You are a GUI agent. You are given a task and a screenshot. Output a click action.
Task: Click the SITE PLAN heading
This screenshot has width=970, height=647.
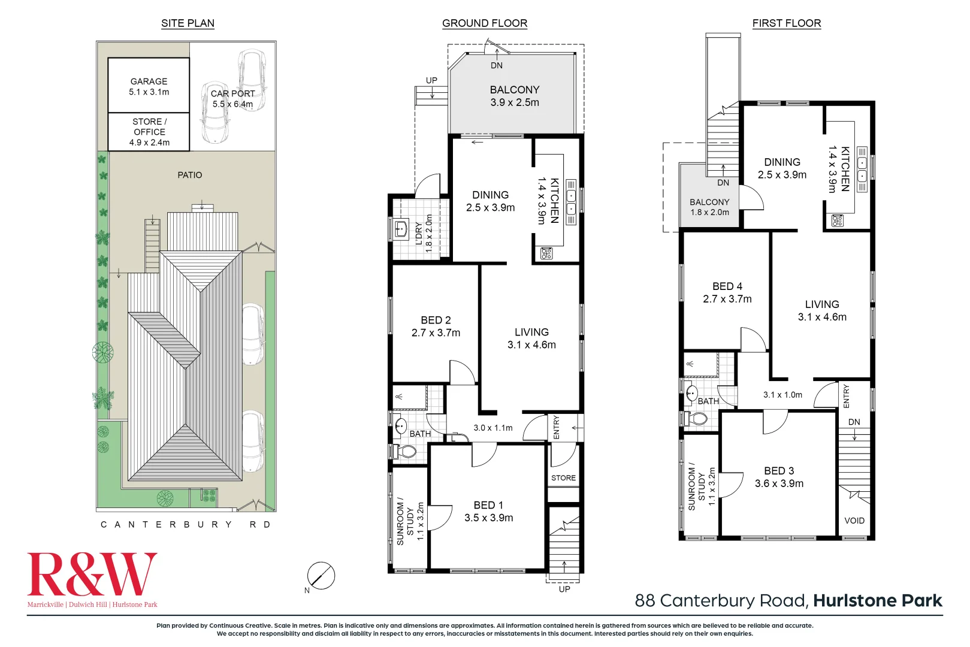pos(188,23)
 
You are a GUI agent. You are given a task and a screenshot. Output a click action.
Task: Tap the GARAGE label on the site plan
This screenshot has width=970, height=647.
pos(149,81)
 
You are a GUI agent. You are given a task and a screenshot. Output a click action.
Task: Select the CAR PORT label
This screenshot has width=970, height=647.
pos(232,93)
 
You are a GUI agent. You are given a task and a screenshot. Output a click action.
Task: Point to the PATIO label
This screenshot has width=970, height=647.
pos(190,175)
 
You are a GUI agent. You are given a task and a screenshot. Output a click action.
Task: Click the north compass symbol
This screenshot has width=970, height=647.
pos(321,576)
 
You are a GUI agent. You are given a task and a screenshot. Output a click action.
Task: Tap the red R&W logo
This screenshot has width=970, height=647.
pos(92,575)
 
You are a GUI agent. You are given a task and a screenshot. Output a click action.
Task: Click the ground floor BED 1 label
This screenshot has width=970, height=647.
pos(488,506)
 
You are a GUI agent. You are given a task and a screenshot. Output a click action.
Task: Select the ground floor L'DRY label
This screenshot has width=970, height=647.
pos(419,234)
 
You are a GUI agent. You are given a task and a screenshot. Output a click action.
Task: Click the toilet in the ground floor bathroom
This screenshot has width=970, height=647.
pos(405,452)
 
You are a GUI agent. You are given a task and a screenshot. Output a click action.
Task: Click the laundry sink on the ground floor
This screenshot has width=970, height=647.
pos(401,228)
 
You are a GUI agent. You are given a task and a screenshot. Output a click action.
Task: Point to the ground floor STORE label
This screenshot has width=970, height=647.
pos(563,477)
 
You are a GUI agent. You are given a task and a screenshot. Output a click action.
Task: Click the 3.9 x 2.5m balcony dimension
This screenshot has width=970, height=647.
pos(515,102)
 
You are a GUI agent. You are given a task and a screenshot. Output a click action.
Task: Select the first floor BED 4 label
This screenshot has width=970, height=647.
pos(727,286)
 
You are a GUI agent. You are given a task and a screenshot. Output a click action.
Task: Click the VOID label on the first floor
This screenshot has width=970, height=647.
pos(854,521)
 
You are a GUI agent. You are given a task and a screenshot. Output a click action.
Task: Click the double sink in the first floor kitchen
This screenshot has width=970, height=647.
pos(862,170)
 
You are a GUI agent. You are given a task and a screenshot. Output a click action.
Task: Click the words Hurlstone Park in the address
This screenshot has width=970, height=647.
pos(877,601)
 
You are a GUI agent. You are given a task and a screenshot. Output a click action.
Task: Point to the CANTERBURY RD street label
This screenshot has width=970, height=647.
pos(186,524)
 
